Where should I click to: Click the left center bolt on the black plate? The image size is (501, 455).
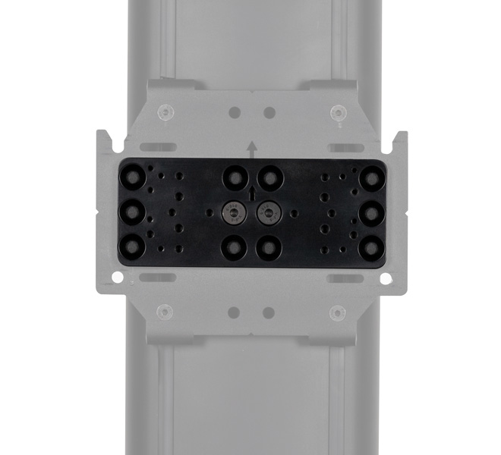pos(233,213)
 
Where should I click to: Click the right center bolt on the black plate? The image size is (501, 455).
pos(268,213)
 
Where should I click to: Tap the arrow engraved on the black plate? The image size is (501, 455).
pos(251,194)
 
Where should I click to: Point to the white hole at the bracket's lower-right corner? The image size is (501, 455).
pos(385,278)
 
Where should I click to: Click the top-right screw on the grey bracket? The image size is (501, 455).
pos(337,113)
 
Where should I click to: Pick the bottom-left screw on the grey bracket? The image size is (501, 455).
pos(164,312)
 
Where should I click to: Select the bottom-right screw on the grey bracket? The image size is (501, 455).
pos(337,312)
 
